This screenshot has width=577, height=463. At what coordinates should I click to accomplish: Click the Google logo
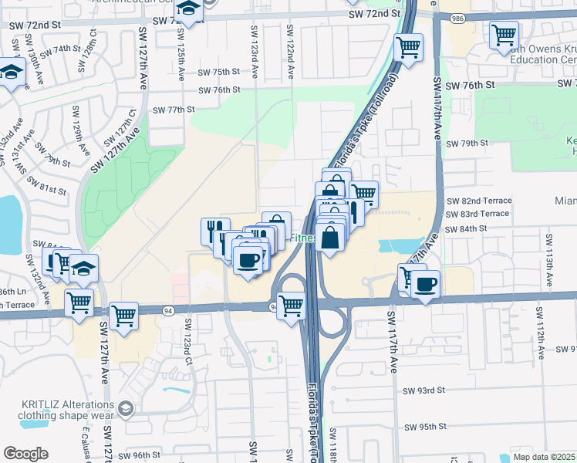[x=26, y=453]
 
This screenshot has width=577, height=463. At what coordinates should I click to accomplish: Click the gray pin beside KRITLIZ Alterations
[x=126, y=408]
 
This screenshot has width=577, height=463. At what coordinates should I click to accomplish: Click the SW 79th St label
[x=473, y=144]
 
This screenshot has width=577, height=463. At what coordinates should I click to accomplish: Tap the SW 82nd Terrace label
[x=478, y=201]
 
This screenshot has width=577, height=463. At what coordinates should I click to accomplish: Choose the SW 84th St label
[x=467, y=228]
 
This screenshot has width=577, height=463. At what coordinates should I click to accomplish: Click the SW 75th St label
[x=219, y=72]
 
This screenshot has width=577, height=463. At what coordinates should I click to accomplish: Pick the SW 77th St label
[x=174, y=110]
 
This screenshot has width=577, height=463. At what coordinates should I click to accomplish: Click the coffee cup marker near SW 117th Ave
[x=425, y=283]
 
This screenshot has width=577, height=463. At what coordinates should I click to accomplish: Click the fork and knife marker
[x=215, y=230]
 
